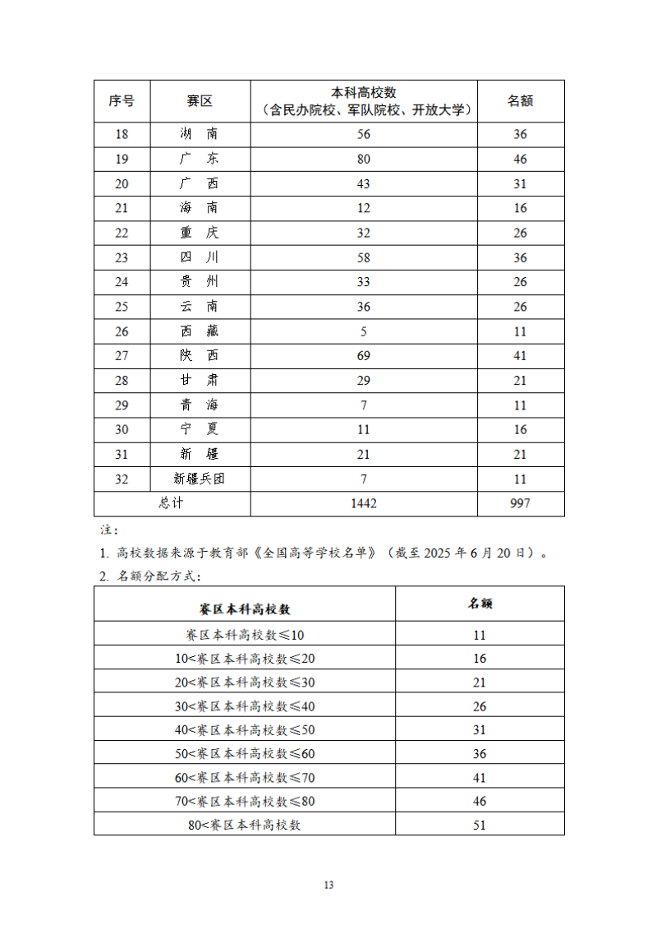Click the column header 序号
[122, 101]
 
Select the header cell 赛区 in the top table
[200, 101]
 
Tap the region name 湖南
[200, 135]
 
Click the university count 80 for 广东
[364, 160]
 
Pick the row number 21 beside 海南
[122, 208]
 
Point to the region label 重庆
[200, 233]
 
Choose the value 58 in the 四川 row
[364, 257]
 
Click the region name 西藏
[200, 331]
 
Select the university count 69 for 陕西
[364, 356]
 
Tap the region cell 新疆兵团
[200, 479]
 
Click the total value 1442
[364, 503]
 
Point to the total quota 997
[521, 503]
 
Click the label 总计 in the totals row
[172, 503]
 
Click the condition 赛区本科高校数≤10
[245, 635]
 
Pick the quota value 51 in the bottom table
[480, 824]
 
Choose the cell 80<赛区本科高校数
[245, 824]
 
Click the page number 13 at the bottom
[329, 885]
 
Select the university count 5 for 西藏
[364, 331]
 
